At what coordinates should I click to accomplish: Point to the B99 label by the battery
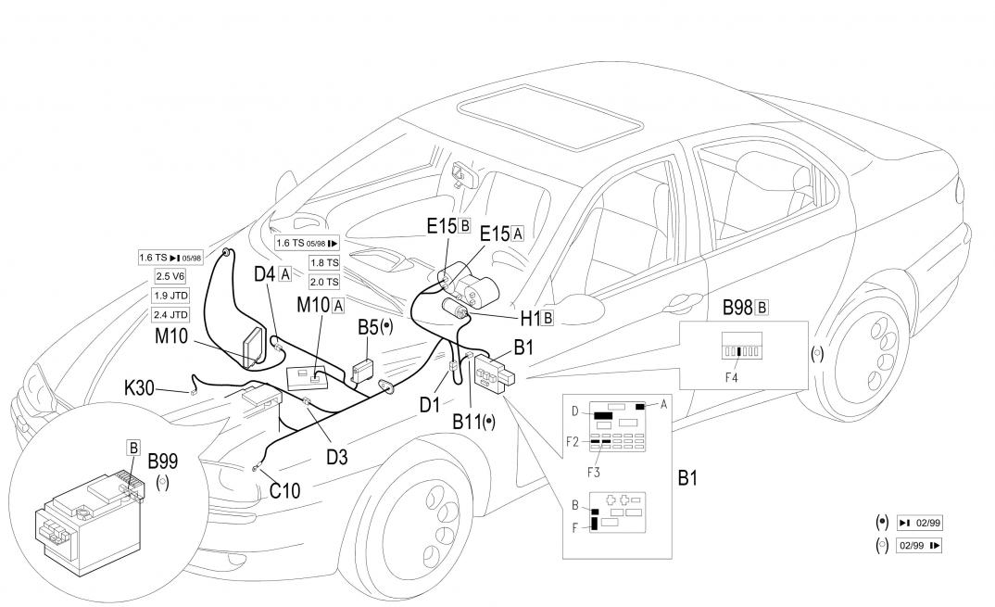coord(163,461)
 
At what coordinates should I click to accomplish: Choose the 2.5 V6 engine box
coord(170,276)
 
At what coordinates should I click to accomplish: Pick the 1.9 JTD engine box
coord(170,297)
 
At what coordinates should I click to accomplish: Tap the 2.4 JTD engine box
coord(170,315)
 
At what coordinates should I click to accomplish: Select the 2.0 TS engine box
coord(324,282)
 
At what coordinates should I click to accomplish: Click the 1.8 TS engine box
coord(324,262)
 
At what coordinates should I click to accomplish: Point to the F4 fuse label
coord(732,377)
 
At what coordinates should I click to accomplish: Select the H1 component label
coord(529,318)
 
